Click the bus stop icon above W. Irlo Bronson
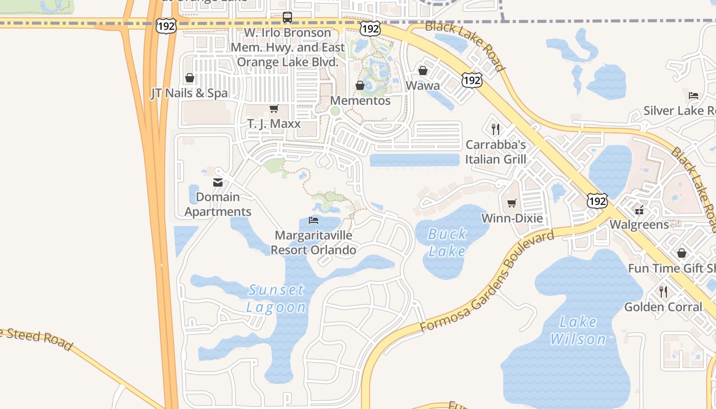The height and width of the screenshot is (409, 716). tap(287, 17)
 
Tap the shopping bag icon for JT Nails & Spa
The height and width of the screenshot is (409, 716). tap(190, 78)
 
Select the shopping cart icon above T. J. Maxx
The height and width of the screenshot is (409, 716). tap(274, 108)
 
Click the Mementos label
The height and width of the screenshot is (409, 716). tap(361, 100)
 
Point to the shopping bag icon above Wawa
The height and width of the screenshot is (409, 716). tap(423, 71)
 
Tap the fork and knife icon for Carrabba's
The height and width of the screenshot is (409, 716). tap(495, 129)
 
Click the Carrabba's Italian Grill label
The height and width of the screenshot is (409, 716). tap(496, 152)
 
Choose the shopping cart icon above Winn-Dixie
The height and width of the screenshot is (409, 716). tap(512, 203)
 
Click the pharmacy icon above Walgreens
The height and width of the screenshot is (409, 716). tap(639, 210)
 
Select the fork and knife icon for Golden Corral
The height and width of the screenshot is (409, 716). tap(663, 292)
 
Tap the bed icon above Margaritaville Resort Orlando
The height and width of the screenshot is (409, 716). tap(314, 220)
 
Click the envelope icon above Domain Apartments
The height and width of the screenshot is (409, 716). tap(218, 183)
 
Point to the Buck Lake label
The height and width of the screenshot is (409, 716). tap(447, 242)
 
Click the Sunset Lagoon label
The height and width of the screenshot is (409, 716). tap(277, 298)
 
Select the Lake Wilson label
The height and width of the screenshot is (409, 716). tap(578, 330)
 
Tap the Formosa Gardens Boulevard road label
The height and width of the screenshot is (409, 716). tap(487, 281)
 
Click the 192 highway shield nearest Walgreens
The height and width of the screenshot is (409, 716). tap(597, 201)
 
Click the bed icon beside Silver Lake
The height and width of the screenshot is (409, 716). tap(693, 95)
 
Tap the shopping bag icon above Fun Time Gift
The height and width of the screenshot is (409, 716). tap(682, 253)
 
